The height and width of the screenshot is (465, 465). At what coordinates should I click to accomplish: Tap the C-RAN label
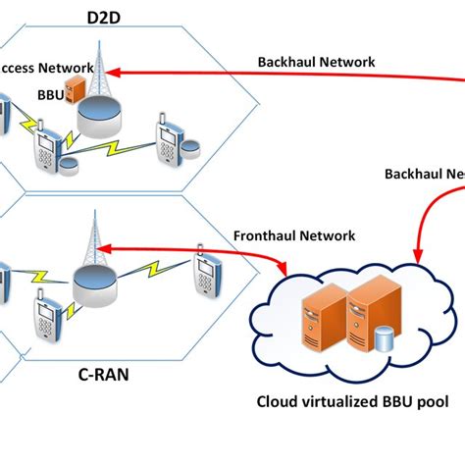pos(102,373)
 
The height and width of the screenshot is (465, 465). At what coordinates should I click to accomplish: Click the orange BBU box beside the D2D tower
pos(75,89)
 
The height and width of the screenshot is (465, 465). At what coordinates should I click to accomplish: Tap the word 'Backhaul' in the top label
pos(285,62)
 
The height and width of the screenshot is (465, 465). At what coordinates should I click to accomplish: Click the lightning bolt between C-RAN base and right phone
pos(157,272)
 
